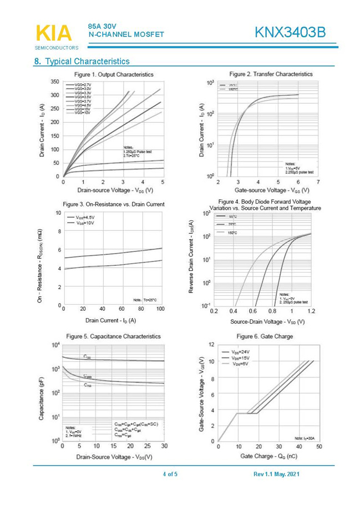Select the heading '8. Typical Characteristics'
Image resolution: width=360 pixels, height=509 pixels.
82,61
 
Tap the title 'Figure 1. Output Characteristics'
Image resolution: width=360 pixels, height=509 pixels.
113,74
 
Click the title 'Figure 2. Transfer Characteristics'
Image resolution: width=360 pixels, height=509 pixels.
271,74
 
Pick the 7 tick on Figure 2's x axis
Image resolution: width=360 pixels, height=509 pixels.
318,182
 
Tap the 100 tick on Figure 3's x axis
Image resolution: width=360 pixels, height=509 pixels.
161,309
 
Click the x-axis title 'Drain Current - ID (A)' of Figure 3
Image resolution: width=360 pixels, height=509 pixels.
110,320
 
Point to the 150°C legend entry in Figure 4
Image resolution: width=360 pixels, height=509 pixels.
232,233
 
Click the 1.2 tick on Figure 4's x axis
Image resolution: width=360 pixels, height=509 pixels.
311,311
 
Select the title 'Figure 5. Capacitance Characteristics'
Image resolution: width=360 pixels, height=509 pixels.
113,336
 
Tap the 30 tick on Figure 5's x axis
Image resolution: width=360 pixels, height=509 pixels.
164,446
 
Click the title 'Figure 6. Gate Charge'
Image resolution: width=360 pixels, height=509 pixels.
265,336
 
